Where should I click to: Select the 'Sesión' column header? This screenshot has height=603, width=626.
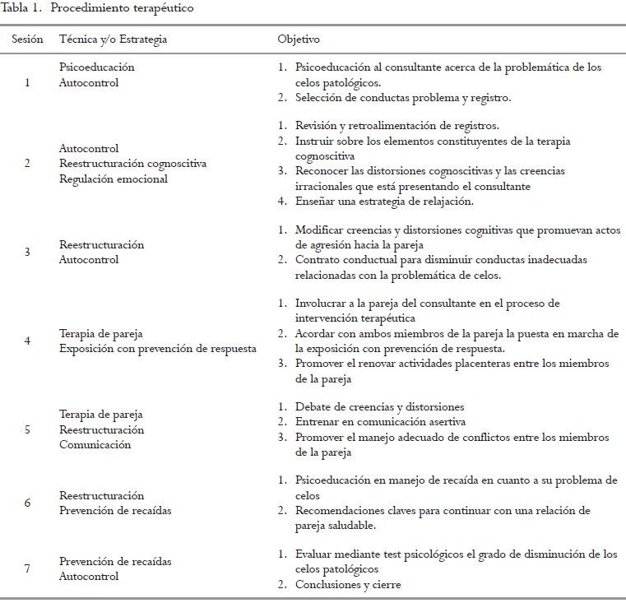[27, 39]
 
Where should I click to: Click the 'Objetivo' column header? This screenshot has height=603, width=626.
[299, 39]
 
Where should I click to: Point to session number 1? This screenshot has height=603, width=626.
[27, 82]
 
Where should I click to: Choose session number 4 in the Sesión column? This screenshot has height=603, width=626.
[27, 341]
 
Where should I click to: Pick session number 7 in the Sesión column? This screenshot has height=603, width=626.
[27, 569]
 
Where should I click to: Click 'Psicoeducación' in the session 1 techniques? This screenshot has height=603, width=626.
[97, 67]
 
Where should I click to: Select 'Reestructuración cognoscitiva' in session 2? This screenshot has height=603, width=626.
[133, 164]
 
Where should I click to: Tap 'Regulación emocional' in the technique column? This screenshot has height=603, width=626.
[114, 179]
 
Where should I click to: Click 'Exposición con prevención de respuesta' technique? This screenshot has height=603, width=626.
[157, 348]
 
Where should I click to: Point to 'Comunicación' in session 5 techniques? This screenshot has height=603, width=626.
[95, 444]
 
